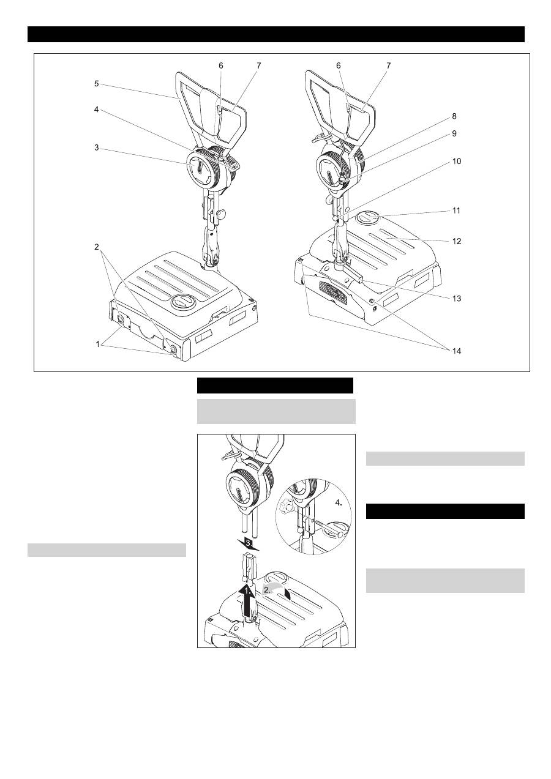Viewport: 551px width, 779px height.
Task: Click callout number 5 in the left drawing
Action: [96, 84]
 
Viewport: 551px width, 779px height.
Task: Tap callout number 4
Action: [96, 110]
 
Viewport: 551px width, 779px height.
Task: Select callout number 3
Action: [96, 147]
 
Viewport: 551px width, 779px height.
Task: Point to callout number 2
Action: [96, 247]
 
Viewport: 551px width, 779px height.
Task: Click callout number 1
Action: [98, 345]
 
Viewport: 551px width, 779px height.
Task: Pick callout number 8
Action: [454, 116]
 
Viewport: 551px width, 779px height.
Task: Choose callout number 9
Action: [454, 133]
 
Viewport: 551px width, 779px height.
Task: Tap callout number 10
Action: [456, 162]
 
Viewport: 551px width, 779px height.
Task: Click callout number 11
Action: [456, 211]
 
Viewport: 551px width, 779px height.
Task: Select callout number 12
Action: [456, 241]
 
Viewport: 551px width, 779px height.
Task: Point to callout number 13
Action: [456, 299]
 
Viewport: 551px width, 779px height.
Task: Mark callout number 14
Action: [456, 351]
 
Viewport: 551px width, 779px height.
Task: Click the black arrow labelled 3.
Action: [247, 544]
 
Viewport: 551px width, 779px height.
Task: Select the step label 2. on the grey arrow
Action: [267, 590]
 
